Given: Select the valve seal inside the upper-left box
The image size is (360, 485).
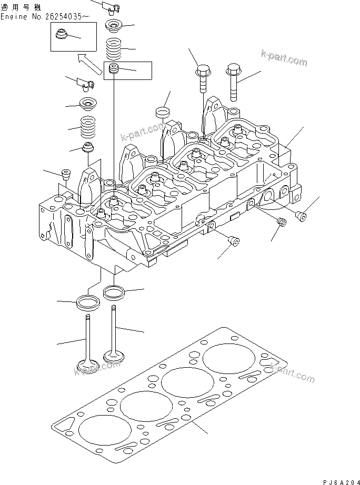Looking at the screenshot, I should [x=61, y=37].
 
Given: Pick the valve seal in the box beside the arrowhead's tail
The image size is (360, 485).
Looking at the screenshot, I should [x=113, y=69].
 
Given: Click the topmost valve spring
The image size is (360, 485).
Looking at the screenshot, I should [x=115, y=50].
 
